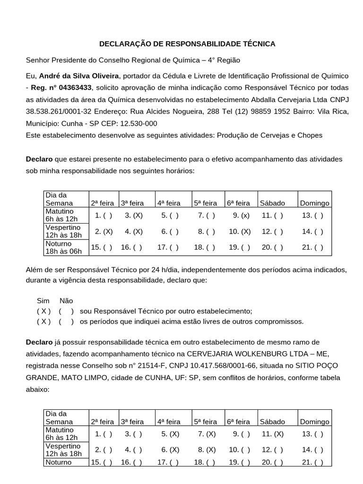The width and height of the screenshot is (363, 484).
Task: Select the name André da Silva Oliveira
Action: (79, 76)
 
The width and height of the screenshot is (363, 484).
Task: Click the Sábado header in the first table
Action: (272, 203)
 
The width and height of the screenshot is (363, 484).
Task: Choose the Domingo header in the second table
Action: (314, 422)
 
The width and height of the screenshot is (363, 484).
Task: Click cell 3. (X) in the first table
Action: (134, 216)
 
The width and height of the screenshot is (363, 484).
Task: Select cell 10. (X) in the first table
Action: (240, 232)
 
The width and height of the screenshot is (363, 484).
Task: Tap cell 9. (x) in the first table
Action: (241, 216)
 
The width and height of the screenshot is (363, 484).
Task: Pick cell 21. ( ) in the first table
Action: (312, 247)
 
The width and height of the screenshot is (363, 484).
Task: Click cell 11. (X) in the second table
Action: (272, 433)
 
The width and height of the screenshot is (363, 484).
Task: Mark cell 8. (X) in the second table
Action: (207, 449)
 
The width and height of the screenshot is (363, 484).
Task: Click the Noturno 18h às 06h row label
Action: (63, 247)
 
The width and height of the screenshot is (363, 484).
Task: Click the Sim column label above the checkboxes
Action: (43, 301)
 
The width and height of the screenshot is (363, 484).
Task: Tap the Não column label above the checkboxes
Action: (66, 301)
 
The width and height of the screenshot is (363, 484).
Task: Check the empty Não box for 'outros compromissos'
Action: (66, 322)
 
